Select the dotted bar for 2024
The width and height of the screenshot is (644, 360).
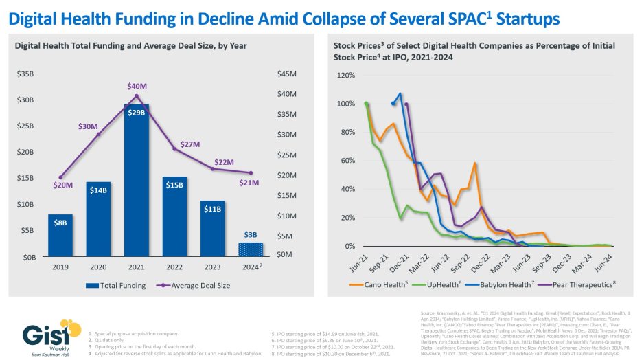pos(251,248)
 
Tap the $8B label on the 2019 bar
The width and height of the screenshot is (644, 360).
pos(60,223)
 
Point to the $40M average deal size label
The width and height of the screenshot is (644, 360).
pos(137,86)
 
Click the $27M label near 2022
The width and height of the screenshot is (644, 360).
pos(189,144)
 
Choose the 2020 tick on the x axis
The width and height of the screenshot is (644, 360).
pos(98,267)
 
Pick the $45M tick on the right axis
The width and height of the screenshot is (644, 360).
pos(286,74)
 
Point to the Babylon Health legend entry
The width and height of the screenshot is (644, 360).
pos(508,284)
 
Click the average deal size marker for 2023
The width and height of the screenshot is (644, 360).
pos(213,168)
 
